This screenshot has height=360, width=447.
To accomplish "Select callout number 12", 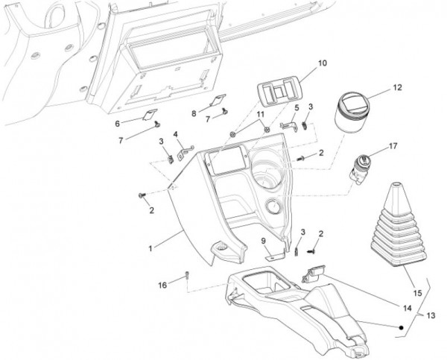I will (397, 88).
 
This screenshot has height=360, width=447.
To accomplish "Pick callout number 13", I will (432, 317).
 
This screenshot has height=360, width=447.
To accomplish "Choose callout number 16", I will (163, 285).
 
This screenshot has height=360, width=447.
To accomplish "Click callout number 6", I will (117, 122).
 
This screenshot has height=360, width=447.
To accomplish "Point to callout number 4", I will (176, 134).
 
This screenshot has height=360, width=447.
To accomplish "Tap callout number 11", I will (259, 113).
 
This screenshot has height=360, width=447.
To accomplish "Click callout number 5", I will (296, 109).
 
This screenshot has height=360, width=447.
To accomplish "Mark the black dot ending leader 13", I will (401, 327).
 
